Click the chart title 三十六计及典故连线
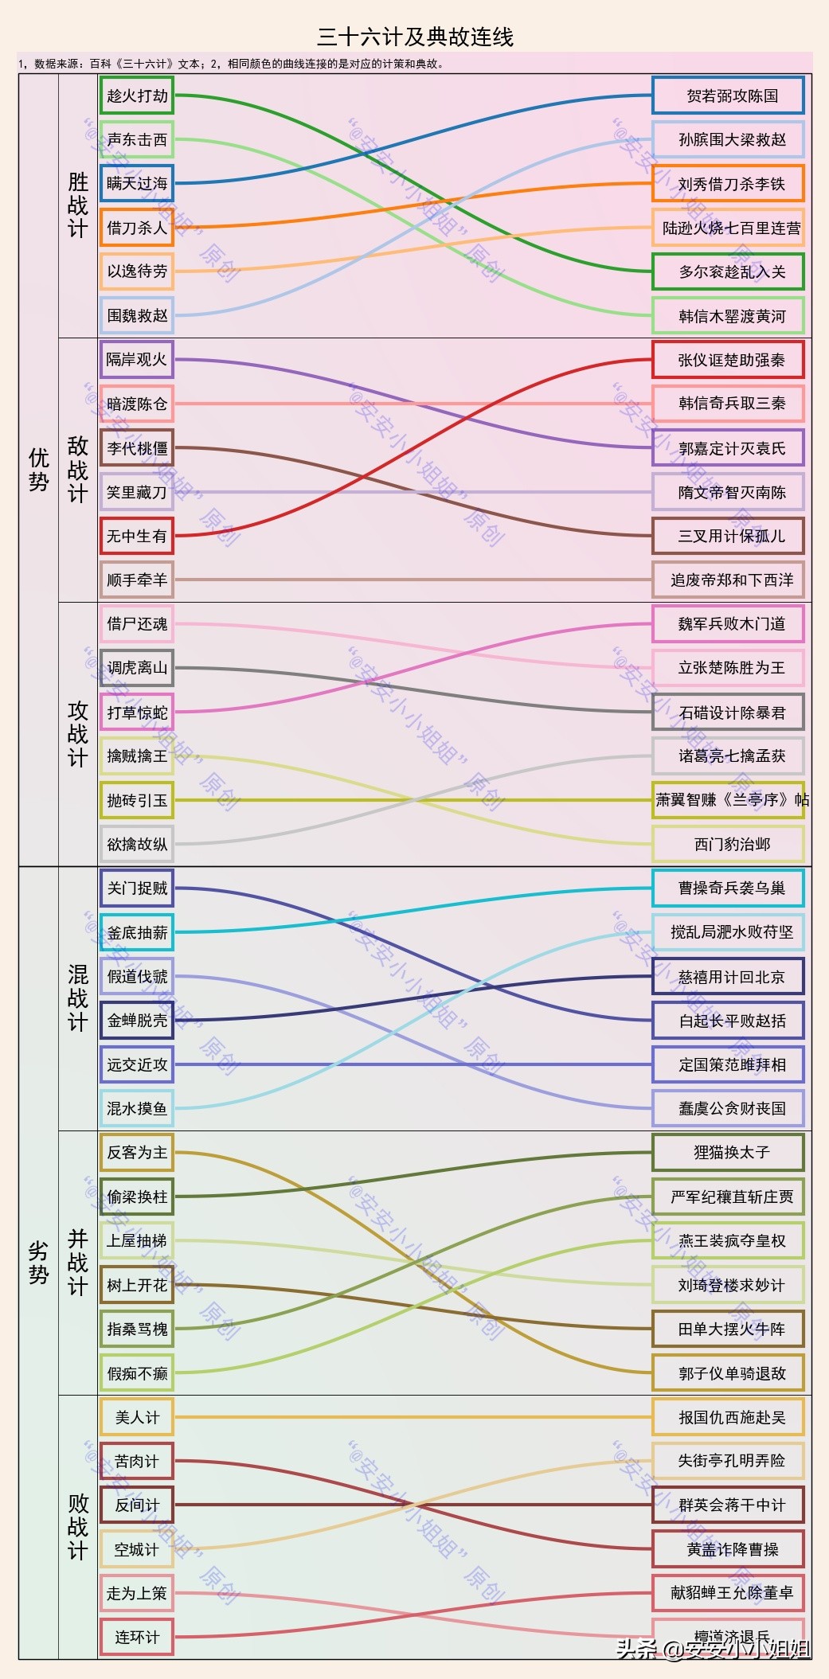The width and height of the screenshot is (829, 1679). [x=415, y=37]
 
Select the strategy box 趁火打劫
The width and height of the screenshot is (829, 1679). [x=137, y=96]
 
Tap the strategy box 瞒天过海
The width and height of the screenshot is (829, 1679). [x=137, y=184]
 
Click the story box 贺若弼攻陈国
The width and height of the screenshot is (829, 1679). [x=728, y=96]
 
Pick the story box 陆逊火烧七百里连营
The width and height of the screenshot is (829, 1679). [x=728, y=228]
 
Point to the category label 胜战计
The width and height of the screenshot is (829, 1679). [x=78, y=205]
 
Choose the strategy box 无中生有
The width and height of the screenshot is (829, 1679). [x=137, y=537]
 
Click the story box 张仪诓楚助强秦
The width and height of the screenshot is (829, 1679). [x=728, y=361]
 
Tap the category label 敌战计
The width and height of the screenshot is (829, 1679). [x=78, y=470]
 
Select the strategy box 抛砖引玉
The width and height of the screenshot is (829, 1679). [x=137, y=801]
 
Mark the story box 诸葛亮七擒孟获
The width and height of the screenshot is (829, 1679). [x=728, y=756]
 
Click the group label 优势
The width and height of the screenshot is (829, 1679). [x=39, y=470]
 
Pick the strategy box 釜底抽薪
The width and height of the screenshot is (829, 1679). [x=137, y=933]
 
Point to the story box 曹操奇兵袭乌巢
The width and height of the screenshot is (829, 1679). [x=728, y=888]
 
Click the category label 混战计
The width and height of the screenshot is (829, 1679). [x=78, y=998]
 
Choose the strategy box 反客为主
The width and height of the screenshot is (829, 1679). [x=137, y=1153]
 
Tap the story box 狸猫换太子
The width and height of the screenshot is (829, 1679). [x=728, y=1153]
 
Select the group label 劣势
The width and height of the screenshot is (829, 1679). [x=39, y=1263]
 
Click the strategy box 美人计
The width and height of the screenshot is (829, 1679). [x=137, y=1417]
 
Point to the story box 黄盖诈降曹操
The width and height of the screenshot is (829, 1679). [x=728, y=1549]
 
